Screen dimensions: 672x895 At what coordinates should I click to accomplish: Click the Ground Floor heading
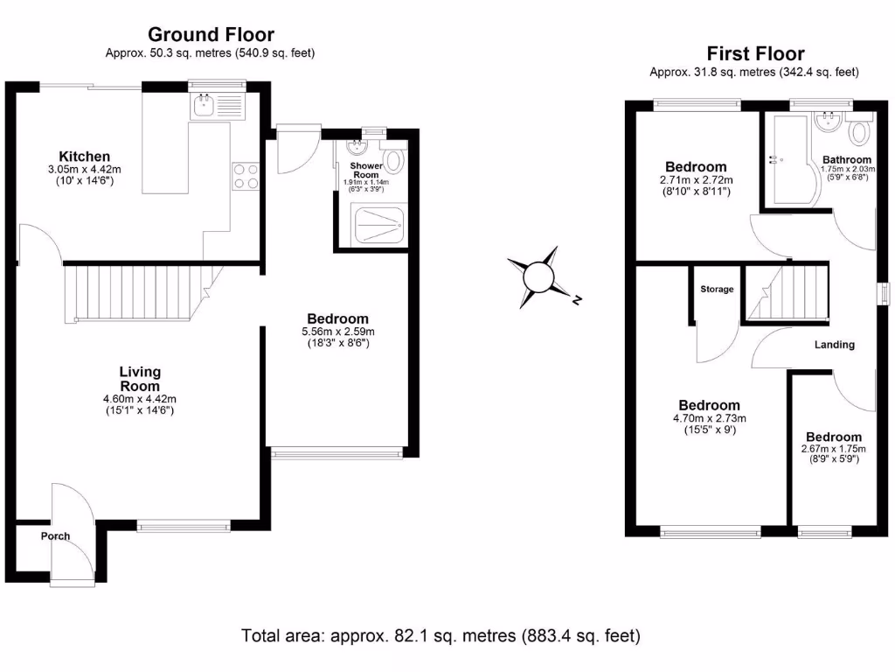[x=211, y=35]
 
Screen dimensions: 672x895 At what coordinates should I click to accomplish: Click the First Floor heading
[x=755, y=54]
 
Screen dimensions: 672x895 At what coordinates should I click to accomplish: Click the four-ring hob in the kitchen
[x=246, y=176]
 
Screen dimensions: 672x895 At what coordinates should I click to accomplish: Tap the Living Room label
[x=140, y=379]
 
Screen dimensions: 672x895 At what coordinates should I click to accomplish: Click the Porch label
[x=55, y=536]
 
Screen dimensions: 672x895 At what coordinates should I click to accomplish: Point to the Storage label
[x=717, y=290]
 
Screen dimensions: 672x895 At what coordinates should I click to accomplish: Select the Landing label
[x=834, y=345]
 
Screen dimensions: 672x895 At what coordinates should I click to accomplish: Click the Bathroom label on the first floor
[x=846, y=160]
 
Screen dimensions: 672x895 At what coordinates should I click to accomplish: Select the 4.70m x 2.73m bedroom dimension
[x=709, y=418]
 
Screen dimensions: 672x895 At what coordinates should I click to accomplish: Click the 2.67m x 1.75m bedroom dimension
[x=833, y=450]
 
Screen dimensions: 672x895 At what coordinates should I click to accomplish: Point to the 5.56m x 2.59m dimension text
[x=337, y=332]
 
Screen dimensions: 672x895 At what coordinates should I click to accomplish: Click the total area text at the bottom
[x=441, y=635]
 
